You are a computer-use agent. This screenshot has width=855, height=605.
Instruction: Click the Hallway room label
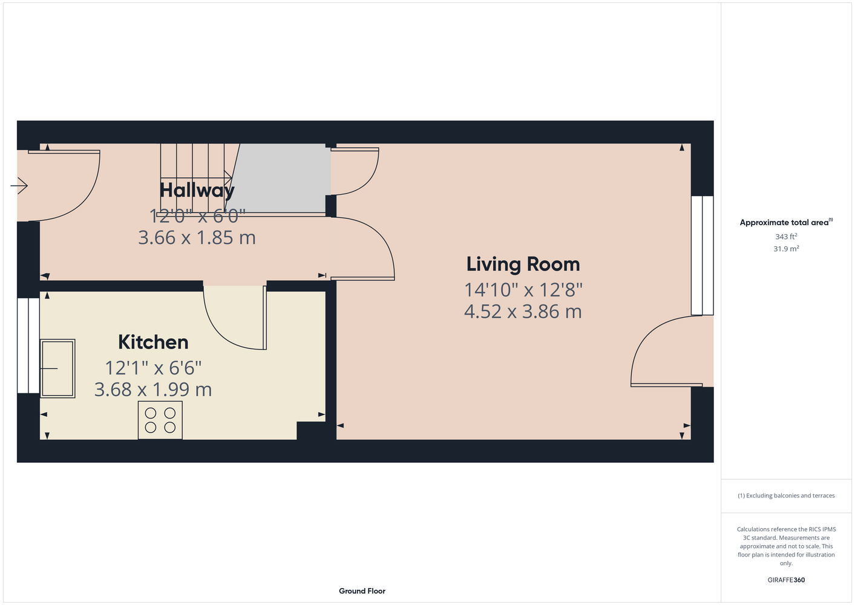click(x=197, y=191)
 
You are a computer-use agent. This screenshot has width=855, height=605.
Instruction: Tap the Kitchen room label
click(x=153, y=342)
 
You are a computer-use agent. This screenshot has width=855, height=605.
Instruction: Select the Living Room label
click(x=523, y=264)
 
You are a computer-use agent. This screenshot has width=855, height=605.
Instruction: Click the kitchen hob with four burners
click(x=160, y=420)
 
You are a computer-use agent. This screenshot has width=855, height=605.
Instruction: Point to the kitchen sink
click(x=57, y=368)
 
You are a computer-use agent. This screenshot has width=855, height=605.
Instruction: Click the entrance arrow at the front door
click(x=19, y=186)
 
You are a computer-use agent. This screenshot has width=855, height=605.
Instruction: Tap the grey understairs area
click(x=281, y=178)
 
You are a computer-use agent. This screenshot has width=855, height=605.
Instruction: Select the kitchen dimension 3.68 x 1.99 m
click(x=153, y=390)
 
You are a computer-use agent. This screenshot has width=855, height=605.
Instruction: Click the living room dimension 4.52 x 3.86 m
click(x=523, y=312)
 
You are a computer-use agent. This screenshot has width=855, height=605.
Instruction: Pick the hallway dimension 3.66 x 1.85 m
click(x=197, y=238)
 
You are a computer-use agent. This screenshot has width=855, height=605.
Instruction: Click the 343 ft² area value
click(x=786, y=237)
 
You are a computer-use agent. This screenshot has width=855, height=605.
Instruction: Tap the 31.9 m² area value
click(x=786, y=249)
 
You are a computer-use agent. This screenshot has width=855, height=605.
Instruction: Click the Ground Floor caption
click(x=362, y=591)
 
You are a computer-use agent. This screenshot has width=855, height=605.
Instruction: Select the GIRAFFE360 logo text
click(x=786, y=580)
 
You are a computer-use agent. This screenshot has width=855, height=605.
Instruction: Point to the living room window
click(x=703, y=255)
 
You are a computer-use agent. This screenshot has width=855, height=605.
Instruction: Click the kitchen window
click(x=28, y=345)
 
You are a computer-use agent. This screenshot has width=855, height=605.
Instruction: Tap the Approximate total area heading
click(x=786, y=222)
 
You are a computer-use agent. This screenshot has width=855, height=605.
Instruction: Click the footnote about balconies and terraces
click(x=786, y=495)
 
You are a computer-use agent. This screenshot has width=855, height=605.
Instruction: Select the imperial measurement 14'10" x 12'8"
click(x=523, y=290)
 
